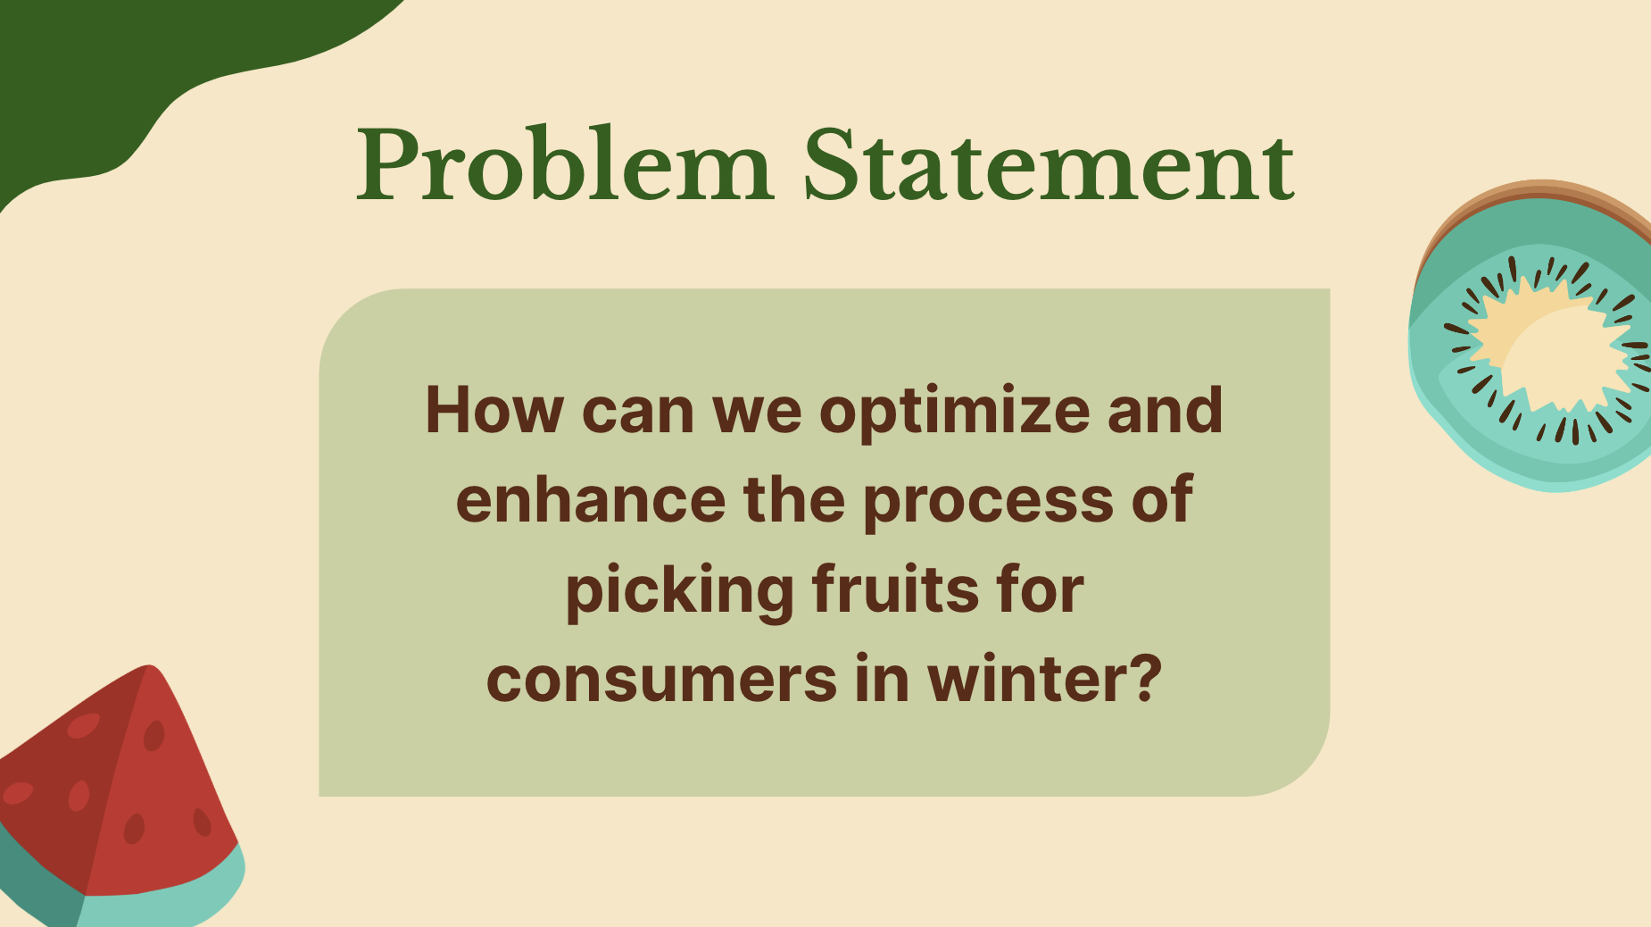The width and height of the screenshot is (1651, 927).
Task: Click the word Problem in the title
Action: click(564, 165)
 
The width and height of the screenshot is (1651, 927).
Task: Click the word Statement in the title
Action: click(1049, 165)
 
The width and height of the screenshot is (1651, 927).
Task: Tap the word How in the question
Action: click(494, 411)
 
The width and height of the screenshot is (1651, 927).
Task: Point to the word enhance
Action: click(591, 499)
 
